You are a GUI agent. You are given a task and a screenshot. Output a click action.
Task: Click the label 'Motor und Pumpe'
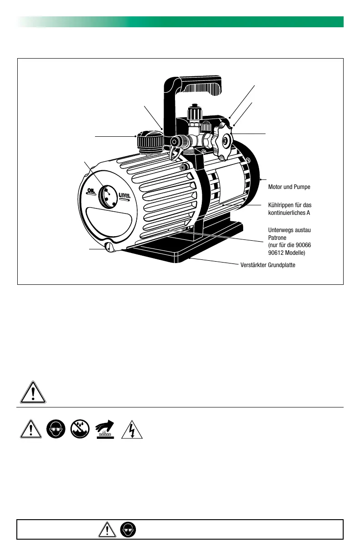click(x=290, y=187)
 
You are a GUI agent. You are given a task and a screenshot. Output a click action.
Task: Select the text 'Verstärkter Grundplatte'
click(x=268, y=265)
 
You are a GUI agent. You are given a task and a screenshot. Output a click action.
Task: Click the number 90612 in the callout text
click(x=277, y=252)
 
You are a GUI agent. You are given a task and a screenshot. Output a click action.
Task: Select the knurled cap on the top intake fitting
click(x=195, y=111)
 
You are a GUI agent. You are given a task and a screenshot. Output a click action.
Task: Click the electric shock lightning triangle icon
click(x=132, y=429)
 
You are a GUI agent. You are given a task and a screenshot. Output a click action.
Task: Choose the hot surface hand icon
click(x=107, y=429)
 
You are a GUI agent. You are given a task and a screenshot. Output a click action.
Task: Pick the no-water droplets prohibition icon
click(x=81, y=429)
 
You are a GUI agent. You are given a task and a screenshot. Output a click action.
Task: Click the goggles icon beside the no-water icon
click(x=56, y=429)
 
